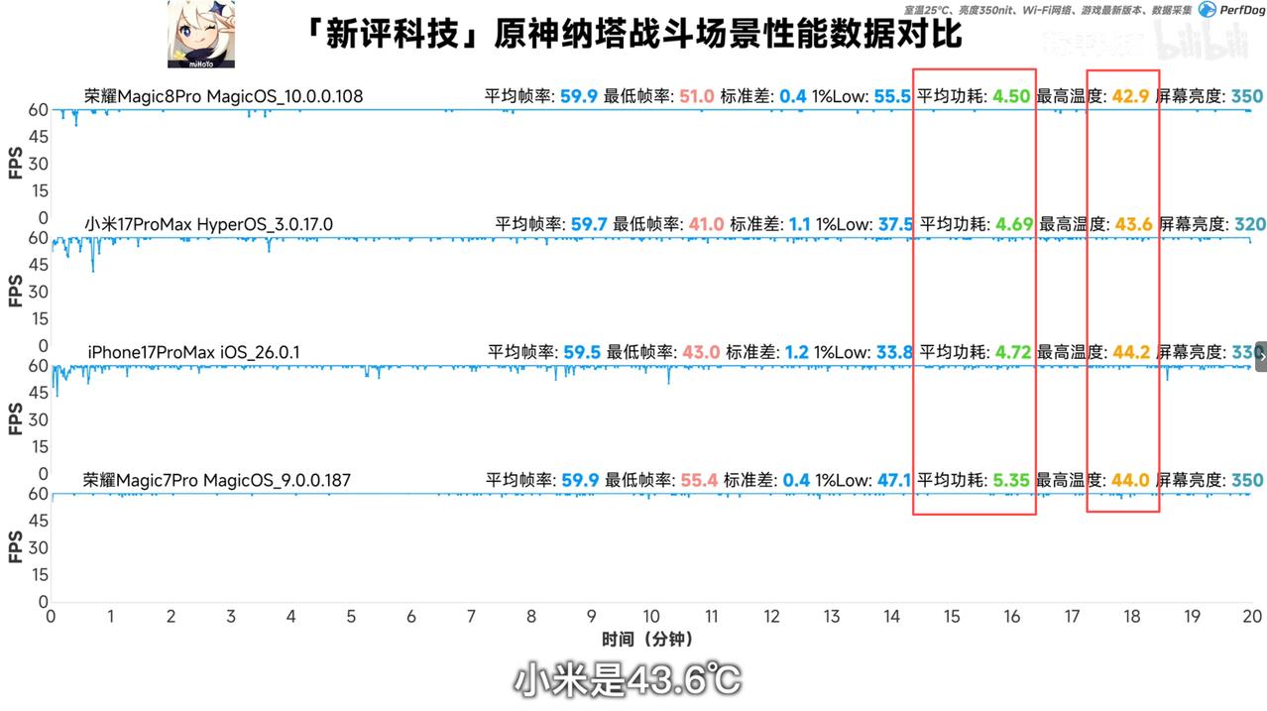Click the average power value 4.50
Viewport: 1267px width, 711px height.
click(1012, 96)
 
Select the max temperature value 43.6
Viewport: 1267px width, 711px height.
click(1134, 224)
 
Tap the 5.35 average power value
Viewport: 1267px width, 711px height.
click(1012, 481)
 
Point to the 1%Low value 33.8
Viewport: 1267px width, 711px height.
click(894, 352)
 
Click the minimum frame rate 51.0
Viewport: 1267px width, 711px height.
click(697, 96)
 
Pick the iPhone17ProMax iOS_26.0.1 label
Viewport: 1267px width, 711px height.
click(193, 352)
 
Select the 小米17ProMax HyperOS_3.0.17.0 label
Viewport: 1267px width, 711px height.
click(208, 224)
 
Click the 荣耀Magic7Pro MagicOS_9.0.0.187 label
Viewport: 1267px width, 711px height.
click(216, 481)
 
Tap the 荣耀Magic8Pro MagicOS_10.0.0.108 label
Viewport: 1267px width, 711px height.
click(223, 96)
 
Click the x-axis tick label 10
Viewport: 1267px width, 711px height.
click(651, 617)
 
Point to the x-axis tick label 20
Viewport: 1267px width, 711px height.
click(1251, 617)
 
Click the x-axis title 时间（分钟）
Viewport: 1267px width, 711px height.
click(646, 639)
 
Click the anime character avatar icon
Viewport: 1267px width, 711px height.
click(201, 34)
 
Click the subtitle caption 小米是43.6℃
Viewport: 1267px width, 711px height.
click(627, 680)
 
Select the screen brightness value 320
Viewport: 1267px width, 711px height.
click(1247, 224)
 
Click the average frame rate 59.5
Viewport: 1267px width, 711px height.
click(582, 352)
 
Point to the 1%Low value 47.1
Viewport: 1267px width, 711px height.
click(894, 481)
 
